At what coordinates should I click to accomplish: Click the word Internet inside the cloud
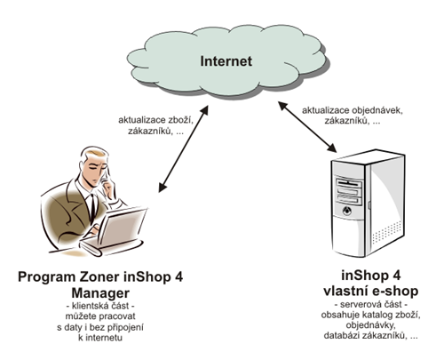[x=226, y=61]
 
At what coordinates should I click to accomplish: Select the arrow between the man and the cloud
[x=184, y=149]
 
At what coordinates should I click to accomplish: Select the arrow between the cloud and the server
[x=307, y=127]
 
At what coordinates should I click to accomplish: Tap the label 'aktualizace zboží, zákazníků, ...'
[x=156, y=125]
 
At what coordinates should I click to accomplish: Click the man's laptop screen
[x=123, y=228]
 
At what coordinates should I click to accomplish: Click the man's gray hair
[x=92, y=154]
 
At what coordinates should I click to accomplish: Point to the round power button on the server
[x=346, y=211]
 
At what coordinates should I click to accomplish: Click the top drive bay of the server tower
[x=348, y=181]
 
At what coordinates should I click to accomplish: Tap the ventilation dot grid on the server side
[x=387, y=232]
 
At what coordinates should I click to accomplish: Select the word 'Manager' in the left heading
[x=100, y=292]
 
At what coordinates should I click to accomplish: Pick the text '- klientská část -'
[x=100, y=306]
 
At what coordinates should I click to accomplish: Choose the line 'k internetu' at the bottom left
[x=100, y=338]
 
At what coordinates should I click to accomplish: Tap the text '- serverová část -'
[x=371, y=304]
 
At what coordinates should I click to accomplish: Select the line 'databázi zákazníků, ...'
[x=371, y=335]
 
